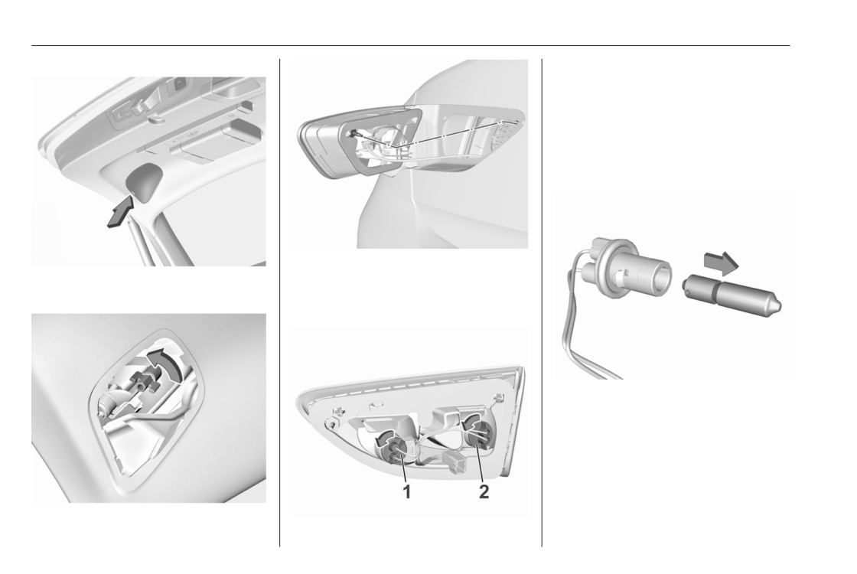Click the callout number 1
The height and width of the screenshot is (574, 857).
(406, 491)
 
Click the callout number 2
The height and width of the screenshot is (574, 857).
(484, 491)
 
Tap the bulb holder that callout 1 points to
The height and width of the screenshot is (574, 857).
(396, 450)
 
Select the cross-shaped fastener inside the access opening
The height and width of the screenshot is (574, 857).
(142, 378)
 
